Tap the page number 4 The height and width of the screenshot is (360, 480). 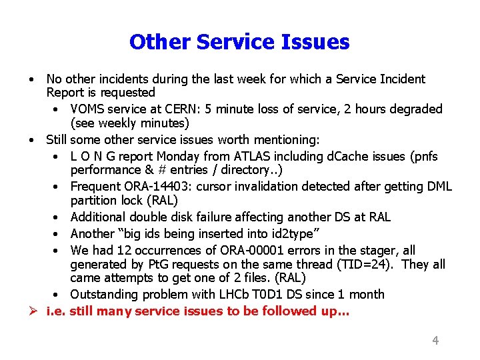tap(435, 341)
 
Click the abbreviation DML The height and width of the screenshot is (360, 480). tap(437, 187)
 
